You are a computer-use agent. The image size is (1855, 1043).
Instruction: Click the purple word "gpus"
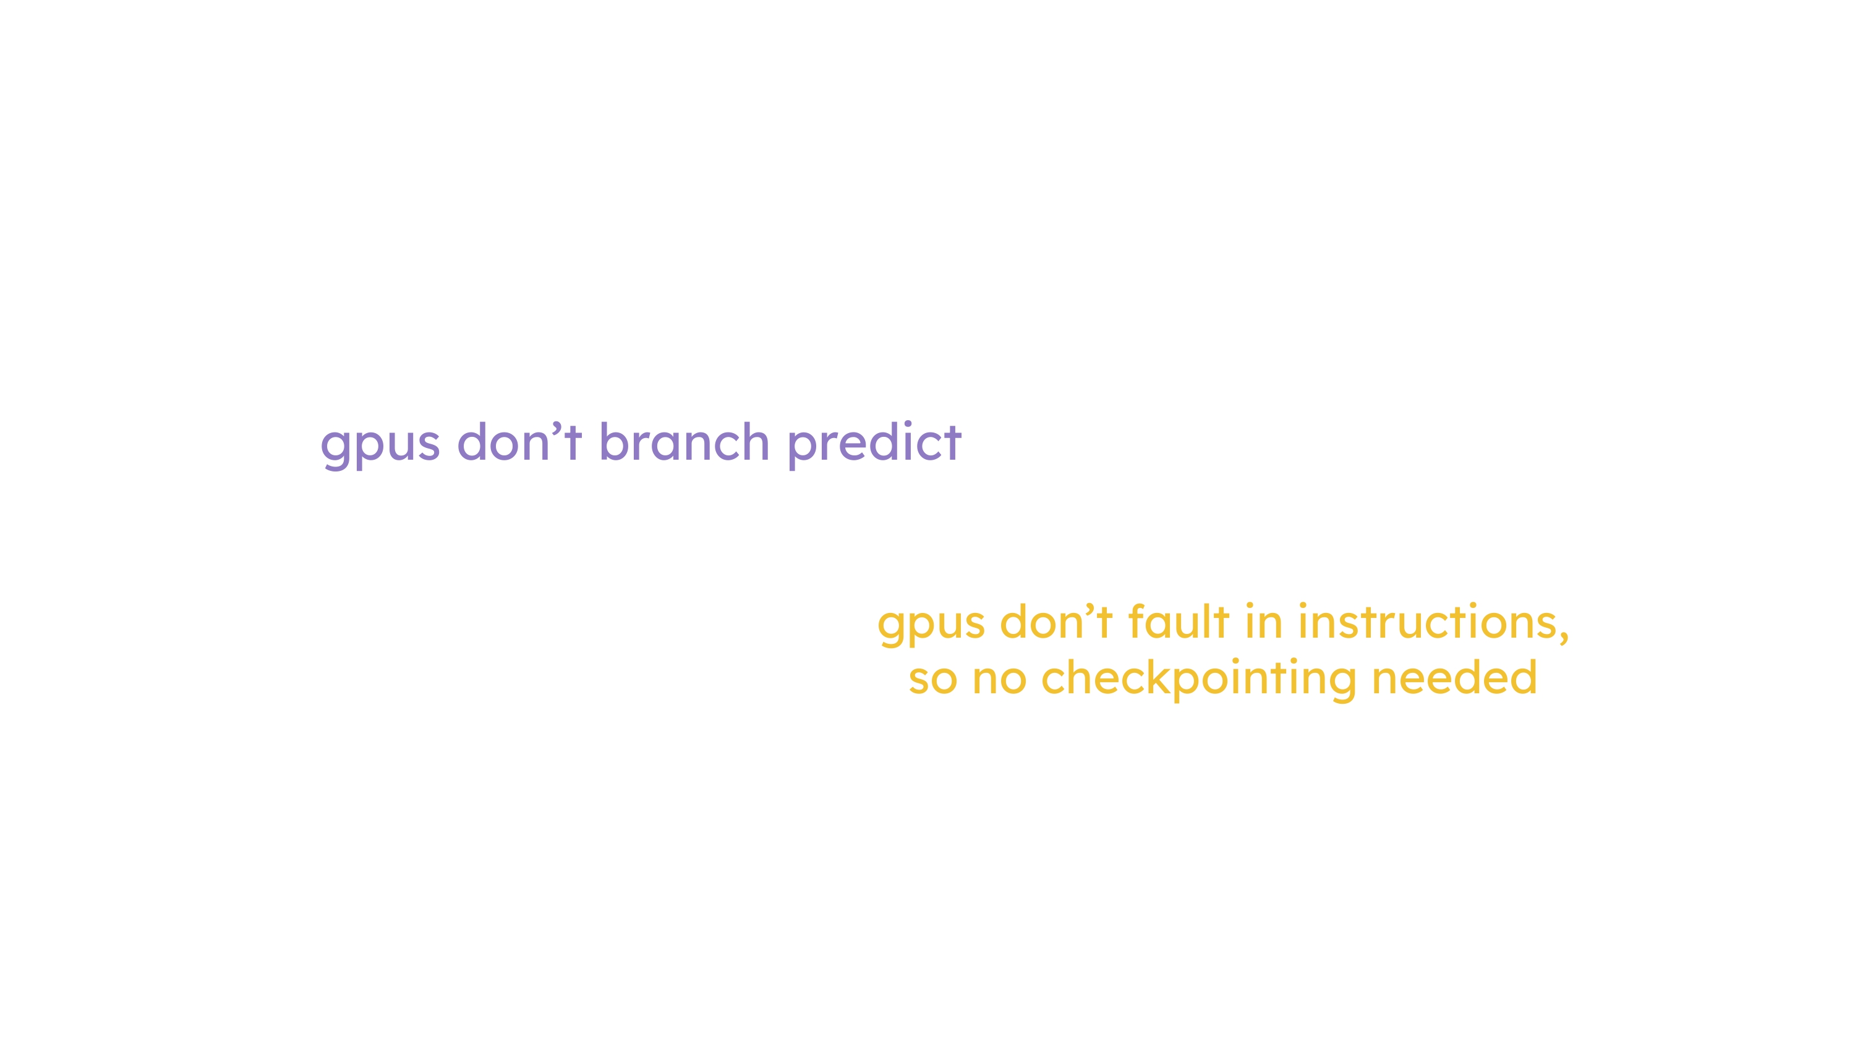(380, 446)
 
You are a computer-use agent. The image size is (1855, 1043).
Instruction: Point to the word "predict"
(874, 445)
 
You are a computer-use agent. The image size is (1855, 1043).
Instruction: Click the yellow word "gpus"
(931, 625)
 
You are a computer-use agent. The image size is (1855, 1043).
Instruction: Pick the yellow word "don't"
(1056, 620)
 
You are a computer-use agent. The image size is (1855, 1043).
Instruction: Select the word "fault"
(1179, 620)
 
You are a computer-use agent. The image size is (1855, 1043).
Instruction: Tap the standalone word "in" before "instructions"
(1264, 621)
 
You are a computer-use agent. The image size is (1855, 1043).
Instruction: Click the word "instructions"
(1427, 621)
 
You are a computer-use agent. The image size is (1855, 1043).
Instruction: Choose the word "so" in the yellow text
(932, 680)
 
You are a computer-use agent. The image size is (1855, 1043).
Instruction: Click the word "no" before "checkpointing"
(999, 680)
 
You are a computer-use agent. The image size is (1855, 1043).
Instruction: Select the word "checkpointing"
(1198, 680)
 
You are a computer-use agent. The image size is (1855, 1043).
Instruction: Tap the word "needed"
(1454, 677)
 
